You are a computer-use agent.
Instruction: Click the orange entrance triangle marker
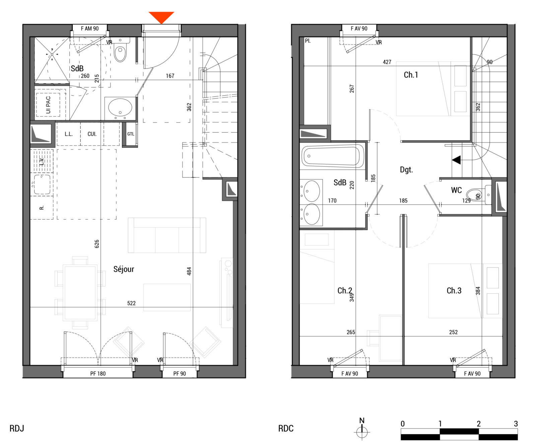(x=161, y=17)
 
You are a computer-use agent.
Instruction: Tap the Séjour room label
(x=124, y=269)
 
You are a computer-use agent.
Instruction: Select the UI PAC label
(x=48, y=105)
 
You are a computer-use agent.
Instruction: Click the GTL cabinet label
(x=131, y=134)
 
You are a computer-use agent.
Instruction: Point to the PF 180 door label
(x=98, y=373)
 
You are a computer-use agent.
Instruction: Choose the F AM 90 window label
(x=90, y=28)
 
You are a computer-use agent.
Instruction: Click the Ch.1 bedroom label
(x=411, y=75)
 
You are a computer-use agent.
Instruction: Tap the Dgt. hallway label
(x=406, y=170)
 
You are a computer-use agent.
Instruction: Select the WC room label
(x=456, y=190)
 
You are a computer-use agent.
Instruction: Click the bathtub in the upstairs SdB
(x=333, y=156)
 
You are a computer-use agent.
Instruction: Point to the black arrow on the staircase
(x=456, y=160)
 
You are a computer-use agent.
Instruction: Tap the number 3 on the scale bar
(x=516, y=424)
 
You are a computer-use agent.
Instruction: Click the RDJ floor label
(x=17, y=428)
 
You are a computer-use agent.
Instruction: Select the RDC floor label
(x=286, y=428)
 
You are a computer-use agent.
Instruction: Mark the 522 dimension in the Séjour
(x=131, y=303)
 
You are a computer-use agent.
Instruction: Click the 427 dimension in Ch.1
(x=387, y=62)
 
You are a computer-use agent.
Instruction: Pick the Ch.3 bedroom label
(x=454, y=291)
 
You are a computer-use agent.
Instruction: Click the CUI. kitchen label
(x=92, y=134)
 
